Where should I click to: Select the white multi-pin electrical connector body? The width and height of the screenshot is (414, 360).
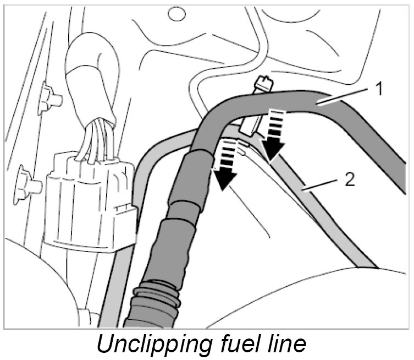(x=88, y=204)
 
